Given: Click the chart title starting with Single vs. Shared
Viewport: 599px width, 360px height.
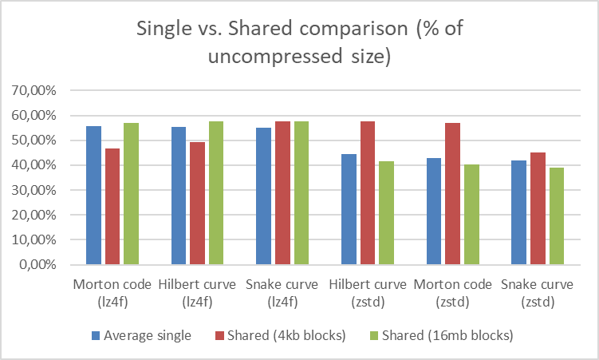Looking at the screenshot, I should [x=299, y=43].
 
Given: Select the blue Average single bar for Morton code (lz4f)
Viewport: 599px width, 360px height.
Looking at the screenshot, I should [x=93, y=196].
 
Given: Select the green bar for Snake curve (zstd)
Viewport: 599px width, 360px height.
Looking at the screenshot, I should [x=556, y=216].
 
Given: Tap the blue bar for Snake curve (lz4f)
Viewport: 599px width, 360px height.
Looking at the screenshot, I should [x=263, y=196].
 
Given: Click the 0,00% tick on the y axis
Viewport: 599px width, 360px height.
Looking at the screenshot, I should [x=37, y=265].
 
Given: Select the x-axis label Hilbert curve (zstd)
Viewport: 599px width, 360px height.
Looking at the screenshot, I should [x=367, y=292].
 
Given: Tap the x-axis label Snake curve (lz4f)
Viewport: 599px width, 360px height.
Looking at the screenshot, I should [x=282, y=292].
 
